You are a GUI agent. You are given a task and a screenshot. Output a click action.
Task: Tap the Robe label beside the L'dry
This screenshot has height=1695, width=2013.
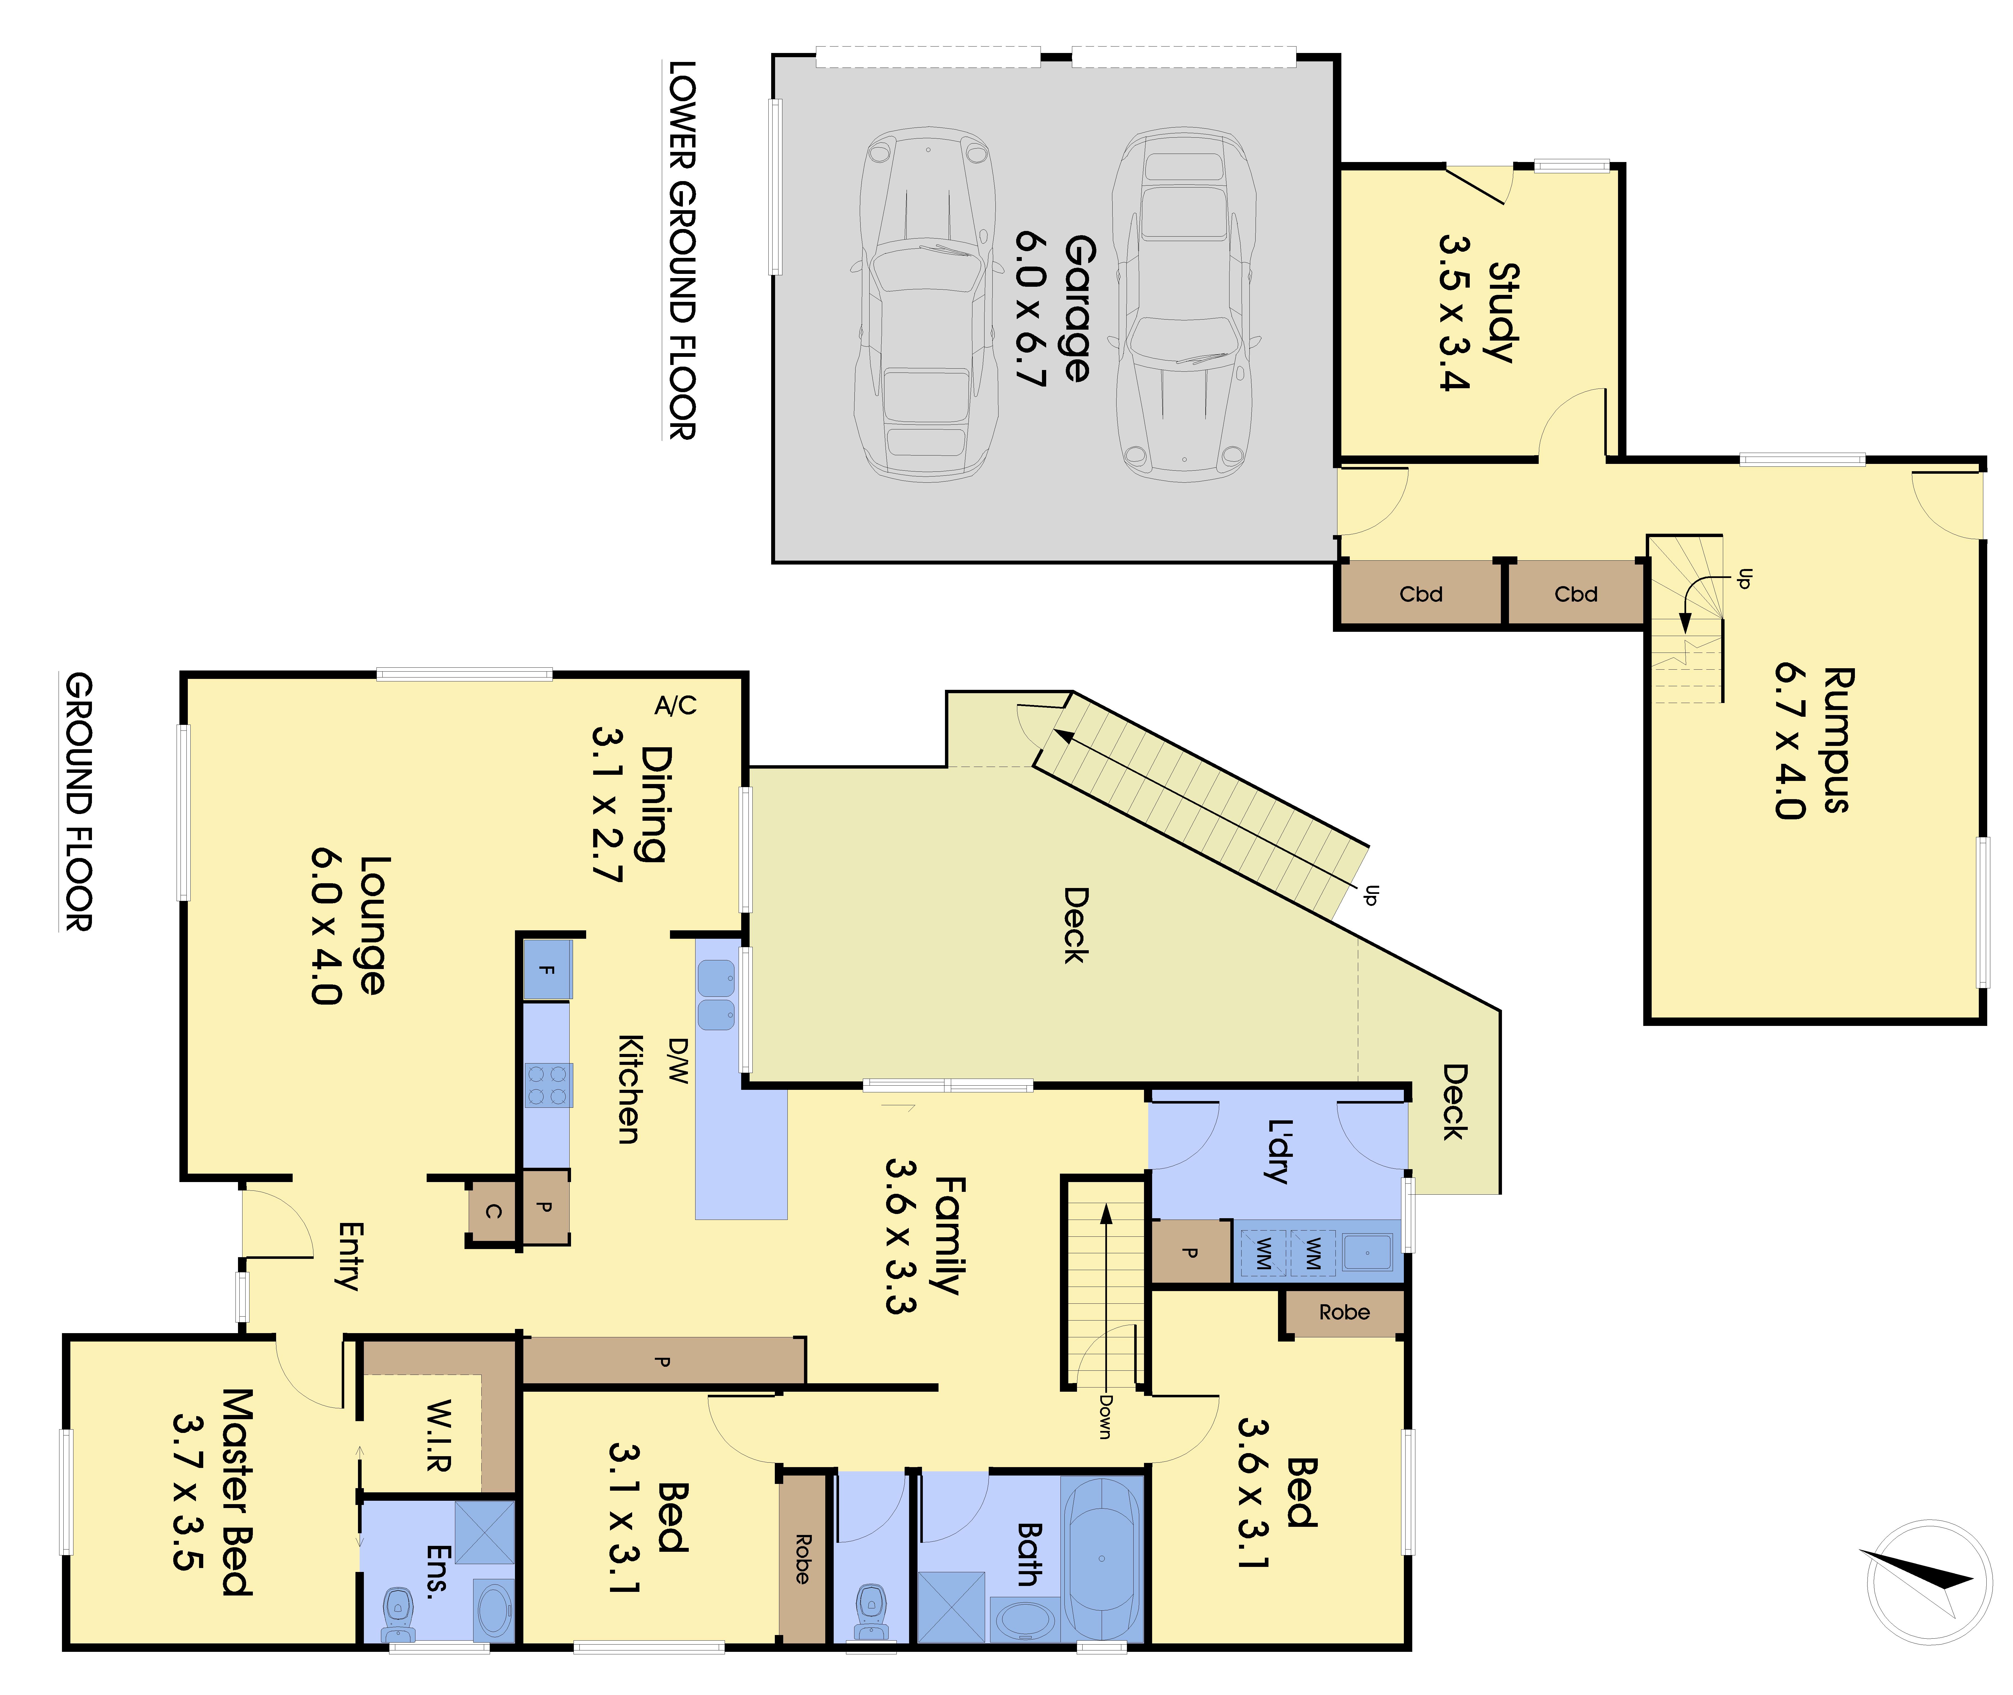point(1344,1313)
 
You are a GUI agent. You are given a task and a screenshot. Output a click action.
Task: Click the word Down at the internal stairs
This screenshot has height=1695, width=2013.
point(1105,1416)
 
